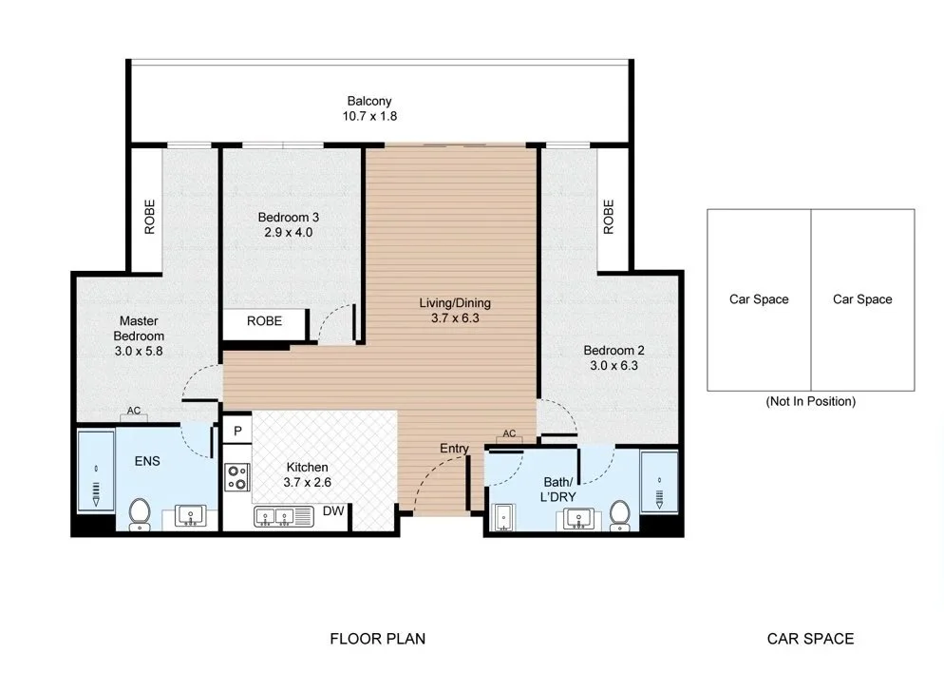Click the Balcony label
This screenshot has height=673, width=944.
pos(369,101)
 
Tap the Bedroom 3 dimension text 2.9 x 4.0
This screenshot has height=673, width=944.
pos(289,233)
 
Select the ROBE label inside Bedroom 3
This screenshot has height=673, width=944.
pos(264,321)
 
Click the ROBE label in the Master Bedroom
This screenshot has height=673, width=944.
pos(149,217)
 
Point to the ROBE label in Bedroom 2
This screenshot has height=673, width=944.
pos(609,217)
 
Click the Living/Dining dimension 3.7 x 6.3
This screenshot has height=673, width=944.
pos(455,318)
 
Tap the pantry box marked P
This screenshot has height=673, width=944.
pos(237,431)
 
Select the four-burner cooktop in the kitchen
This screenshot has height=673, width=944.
pos(237,476)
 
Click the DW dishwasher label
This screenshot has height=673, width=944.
pos(333,511)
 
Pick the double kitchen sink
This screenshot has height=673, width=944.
pos(284,517)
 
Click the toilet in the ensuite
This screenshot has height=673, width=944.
pos(140,514)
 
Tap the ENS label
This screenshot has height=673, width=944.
pos(147,462)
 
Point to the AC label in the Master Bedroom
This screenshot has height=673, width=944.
pos(134,411)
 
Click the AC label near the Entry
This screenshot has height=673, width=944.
pos(509,433)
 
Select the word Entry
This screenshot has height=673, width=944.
pos(454,449)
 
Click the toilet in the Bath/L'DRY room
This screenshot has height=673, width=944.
pos(619,516)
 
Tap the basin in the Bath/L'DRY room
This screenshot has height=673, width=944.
pos(578,519)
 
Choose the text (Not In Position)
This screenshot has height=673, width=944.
pos(810,401)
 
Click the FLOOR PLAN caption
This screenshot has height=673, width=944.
pos(377,639)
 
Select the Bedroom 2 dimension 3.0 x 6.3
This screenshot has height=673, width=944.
pos(614,366)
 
